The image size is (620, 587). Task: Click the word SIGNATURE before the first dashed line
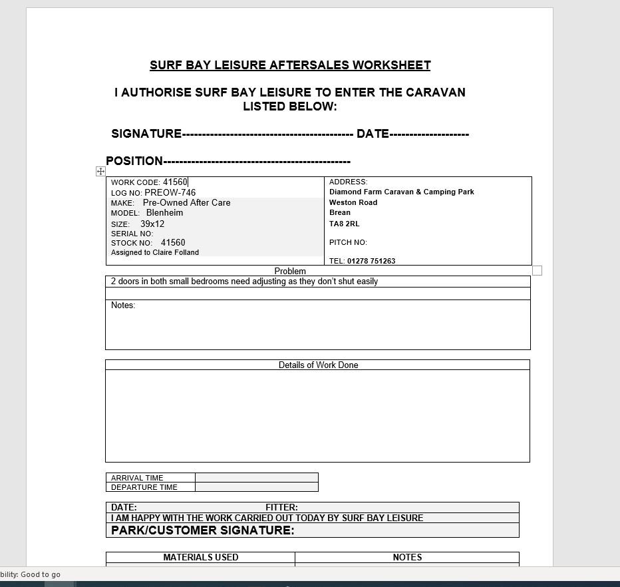[146, 134]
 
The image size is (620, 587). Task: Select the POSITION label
[134, 161]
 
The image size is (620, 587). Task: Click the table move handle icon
[100, 171]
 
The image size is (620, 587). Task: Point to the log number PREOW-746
[170, 193]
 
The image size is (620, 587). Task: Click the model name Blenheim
[164, 213]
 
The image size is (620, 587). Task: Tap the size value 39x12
[152, 224]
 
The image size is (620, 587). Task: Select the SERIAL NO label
[132, 234]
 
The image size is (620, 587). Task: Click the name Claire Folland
[176, 253]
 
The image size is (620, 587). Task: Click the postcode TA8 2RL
[344, 224]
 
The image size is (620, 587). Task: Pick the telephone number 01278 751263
[371, 261]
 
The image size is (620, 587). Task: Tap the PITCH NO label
[348, 242]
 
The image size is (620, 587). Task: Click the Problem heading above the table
[290, 272]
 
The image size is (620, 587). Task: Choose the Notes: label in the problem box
[123, 305]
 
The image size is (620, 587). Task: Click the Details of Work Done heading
[318, 365]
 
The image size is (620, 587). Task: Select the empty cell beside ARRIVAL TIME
[257, 478]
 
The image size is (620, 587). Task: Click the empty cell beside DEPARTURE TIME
[257, 487]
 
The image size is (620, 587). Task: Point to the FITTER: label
[281, 507]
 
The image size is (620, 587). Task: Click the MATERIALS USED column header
[201, 558]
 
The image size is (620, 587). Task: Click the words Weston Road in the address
[353, 202]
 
